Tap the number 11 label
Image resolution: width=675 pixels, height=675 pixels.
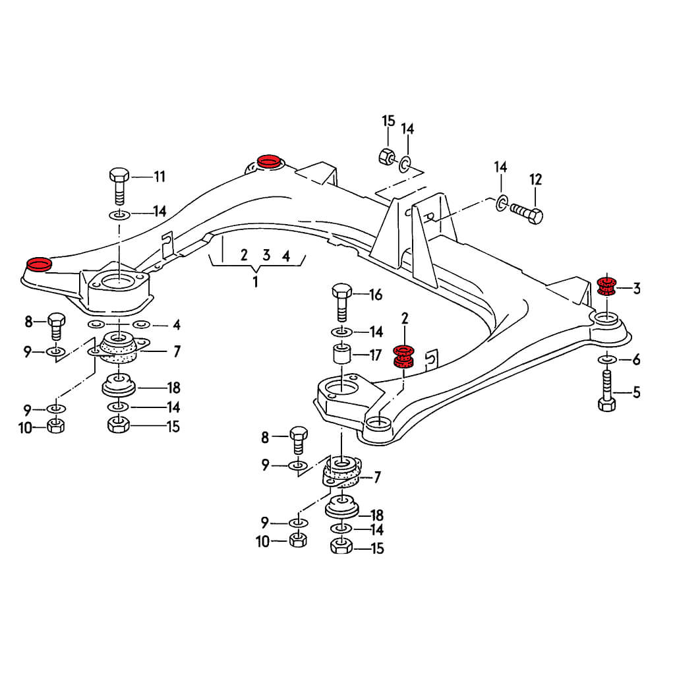pos(159,177)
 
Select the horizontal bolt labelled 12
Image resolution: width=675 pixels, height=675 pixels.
pos(525,214)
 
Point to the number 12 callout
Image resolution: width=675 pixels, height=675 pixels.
pos(535,179)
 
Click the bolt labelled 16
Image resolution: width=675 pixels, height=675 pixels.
pos(341,300)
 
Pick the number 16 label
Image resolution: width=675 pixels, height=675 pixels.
pos(376,295)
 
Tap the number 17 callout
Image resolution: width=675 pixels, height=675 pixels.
pos(376,355)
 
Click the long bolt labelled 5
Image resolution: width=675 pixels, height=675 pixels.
pos(606,392)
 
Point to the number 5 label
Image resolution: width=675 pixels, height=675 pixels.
pos(636,394)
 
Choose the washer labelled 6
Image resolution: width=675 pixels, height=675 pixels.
pos(606,359)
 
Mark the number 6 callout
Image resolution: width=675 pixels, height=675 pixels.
pos(636,360)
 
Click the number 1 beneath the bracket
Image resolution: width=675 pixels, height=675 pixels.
pos(255,282)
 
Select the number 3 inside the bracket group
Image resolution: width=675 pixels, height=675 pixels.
pos(266,255)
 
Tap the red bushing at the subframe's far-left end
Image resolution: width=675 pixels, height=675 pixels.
pos(38,265)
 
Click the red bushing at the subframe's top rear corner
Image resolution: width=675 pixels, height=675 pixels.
pos(268,161)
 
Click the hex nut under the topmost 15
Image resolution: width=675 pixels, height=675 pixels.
pos(387,157)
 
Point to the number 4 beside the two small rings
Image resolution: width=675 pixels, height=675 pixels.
pos(177,325)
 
